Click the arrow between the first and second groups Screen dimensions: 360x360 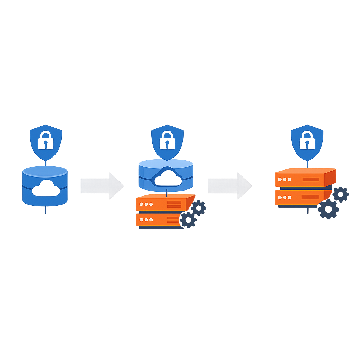pos(102,186)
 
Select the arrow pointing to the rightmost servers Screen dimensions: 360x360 pos(230,186)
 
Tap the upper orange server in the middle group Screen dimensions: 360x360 pos(162,204)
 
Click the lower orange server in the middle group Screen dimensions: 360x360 pos(160,220)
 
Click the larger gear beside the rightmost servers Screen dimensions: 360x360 pos(328,209)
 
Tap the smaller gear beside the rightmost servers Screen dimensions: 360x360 pos(340,194)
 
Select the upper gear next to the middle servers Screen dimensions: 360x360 pos(198,208)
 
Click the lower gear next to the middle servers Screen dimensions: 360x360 pos(188,220)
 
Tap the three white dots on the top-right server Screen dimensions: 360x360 pos(284,179)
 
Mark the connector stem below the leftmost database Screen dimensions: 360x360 pos(45,210)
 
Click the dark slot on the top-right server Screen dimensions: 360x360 pos(311,179)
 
